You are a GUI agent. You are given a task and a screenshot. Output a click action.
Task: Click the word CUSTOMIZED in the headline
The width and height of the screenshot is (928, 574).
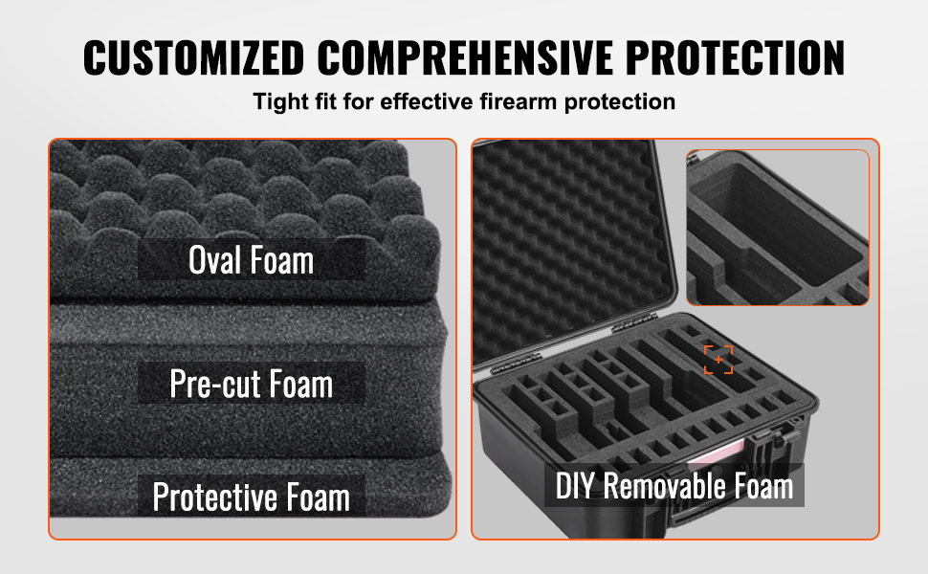click(193, 58)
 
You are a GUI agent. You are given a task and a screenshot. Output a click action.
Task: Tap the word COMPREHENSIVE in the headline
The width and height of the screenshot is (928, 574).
click(465, 58)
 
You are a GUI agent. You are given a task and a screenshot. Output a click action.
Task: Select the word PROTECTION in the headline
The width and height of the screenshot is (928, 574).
click(735, 58)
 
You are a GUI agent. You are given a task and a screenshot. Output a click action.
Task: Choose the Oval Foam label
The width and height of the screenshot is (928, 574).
click(251, 260)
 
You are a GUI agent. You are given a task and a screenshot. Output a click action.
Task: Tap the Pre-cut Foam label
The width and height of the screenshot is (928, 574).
click(251, 384)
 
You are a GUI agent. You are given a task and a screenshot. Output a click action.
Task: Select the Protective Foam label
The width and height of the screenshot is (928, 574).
click(251, 497)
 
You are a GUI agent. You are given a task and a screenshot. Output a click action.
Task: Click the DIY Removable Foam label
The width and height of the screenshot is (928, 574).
click(674, 485)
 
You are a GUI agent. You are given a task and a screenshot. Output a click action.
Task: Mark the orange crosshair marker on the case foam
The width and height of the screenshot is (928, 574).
click(718, 360)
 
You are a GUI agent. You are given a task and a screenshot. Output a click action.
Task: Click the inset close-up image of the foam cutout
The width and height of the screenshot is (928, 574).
click(778, 228)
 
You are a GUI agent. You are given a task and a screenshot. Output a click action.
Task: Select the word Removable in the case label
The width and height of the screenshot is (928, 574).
click(665, 486)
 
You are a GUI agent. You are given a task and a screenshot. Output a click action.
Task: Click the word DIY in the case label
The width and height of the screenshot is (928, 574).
click(575, 486)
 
